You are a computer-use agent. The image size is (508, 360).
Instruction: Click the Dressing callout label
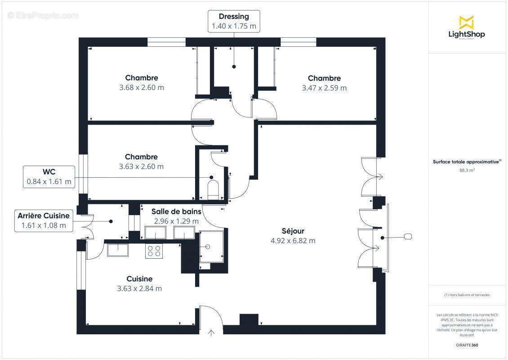(234, 21)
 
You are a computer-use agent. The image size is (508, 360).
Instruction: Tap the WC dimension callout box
(49, 176)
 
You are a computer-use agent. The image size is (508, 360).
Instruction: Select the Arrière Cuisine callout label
(44, 220)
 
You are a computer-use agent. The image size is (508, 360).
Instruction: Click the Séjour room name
(293, 231)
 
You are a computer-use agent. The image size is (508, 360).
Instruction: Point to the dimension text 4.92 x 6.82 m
(293, 241)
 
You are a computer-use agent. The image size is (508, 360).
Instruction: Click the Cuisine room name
(139, 279)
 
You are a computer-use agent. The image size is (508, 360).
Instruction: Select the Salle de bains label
(176, 211)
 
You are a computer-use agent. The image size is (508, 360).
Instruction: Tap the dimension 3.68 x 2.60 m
(142, 88)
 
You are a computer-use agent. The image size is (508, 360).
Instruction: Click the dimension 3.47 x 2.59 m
(324, 88)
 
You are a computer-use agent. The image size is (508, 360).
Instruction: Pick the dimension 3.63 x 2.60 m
(141, 166)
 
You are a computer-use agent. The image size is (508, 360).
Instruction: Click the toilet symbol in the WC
(213, 189)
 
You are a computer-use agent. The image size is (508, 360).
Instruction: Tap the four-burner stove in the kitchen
(154, 251)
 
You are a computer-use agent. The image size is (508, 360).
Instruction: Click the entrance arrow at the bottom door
(211, 333)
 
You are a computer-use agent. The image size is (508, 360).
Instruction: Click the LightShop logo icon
(466, 22)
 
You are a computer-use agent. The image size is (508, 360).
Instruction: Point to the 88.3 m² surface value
(467, 171)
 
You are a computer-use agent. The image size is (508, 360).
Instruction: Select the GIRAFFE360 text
(467, 344)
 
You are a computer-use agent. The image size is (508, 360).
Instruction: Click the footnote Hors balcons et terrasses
(467, 295)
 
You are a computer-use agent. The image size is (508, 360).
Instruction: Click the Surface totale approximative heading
(467, 162)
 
